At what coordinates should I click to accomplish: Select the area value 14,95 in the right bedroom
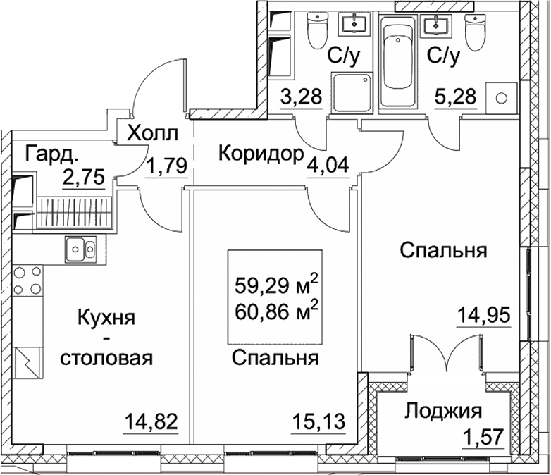coord(483,314)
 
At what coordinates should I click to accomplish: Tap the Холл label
coord(152,132)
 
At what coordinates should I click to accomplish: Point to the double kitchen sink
coord(80,248)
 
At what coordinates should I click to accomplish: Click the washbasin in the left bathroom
coord(354,25)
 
